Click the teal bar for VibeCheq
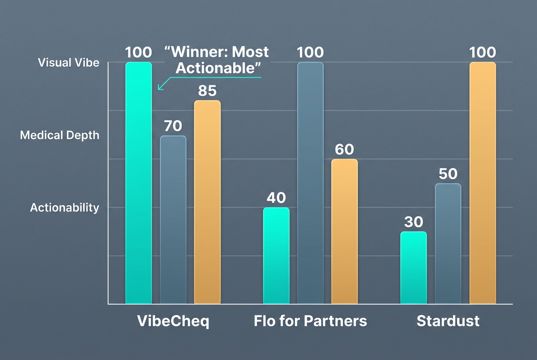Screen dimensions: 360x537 tap(138, 183)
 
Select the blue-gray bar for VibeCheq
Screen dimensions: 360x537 tap(173, 219)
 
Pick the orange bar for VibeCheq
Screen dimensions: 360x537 tap(207, 202)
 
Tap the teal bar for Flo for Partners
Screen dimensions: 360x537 tap(276, 255)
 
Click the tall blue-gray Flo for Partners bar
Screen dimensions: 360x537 tap(310, 183)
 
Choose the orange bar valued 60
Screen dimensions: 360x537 tap(344, 231)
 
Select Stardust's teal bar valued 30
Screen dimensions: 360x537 tap(414, 267)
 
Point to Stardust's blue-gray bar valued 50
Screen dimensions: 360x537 tap(448, 243)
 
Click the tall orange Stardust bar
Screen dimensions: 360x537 tap(483, 183)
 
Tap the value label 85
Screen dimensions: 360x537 tap(207, 91)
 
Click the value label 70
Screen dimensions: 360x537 tap(173, 126)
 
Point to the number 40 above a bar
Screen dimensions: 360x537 tap(276, 198)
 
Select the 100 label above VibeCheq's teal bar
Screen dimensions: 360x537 tap(138, 52)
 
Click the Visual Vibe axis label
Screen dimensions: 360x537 tap(68, 63)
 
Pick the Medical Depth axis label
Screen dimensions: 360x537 tap(59, 135)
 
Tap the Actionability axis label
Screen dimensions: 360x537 tap(65, 208)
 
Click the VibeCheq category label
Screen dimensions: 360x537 tap(173, 321)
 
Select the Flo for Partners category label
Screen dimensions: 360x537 tap(310, 321)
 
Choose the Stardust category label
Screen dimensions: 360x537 tap(448, 321)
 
